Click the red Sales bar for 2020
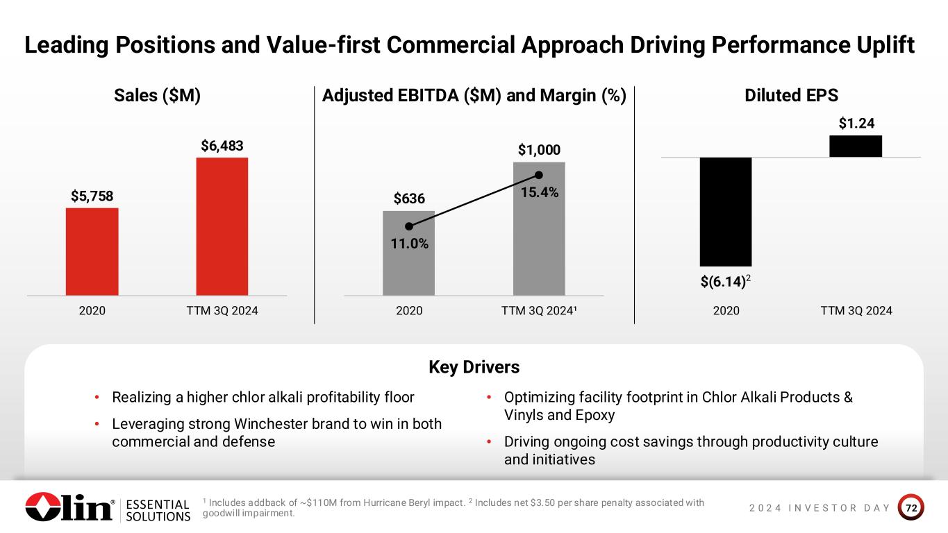point(92,251)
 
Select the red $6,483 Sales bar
point(222,226)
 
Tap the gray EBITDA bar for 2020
point(408,253)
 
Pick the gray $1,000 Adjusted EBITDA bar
point(539,228)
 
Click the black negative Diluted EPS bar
point(726,211)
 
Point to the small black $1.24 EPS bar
point(856,146)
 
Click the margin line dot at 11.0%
point(409,226)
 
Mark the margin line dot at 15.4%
point(539,175)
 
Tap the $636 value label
point(409,199)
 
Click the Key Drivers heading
point(474,366)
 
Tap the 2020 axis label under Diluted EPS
point(726,311)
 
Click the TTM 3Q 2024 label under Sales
point(222,311)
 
